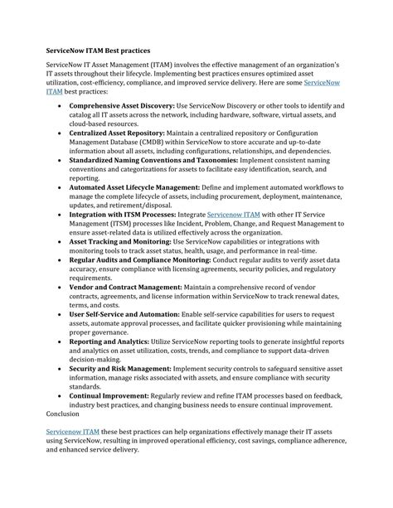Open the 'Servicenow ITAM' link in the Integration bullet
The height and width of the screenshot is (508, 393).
(235, 214)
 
